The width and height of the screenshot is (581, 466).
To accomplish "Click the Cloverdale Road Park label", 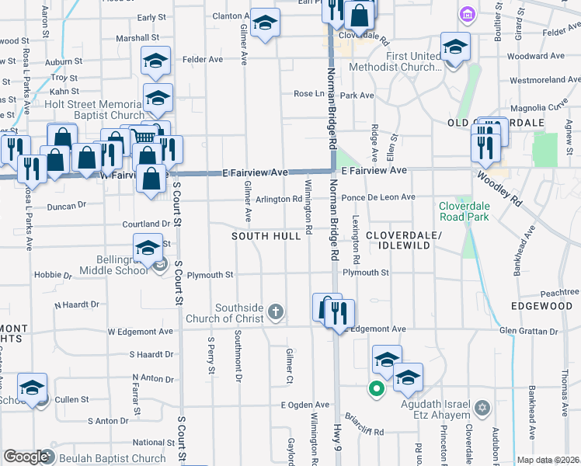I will [465, 211].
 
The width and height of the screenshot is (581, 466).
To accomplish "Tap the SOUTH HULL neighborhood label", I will [266, 235].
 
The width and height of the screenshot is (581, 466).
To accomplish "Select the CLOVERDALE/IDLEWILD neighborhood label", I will [403, 240].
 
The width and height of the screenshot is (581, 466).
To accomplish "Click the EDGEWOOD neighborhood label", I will [541, 307].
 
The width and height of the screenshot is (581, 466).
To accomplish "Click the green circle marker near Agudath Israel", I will [377, 389].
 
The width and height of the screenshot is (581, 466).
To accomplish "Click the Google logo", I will [26, 457].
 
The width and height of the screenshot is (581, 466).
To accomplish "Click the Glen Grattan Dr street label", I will [529, 332].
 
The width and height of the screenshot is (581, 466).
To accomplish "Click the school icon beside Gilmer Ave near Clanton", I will [265, 24].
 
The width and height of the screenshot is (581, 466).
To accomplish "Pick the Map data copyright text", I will [548, 460].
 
